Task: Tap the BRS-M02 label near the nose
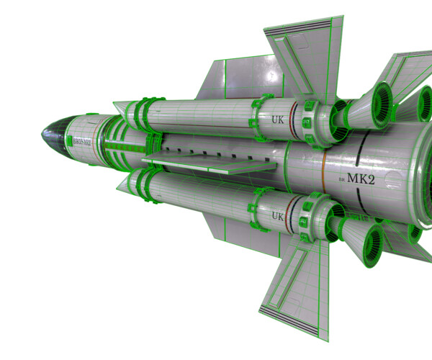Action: [80, 141]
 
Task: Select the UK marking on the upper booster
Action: [277, 118]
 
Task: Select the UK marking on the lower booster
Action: [277, 216]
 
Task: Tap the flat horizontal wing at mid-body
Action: [209, 165]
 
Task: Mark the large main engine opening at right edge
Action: [421, 173]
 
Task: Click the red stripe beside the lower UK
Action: [291, 217]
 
